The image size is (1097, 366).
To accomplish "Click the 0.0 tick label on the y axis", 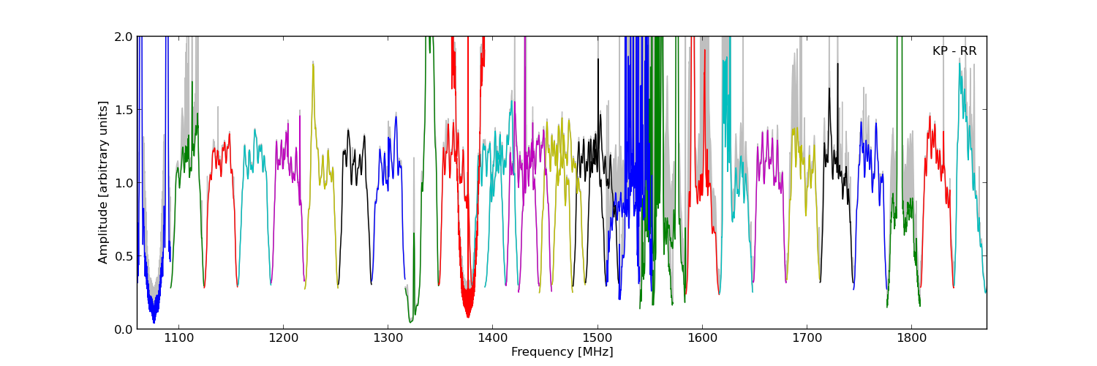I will click(x=124, y=329).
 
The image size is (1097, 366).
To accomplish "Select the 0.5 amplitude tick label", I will click(x=124, y=256).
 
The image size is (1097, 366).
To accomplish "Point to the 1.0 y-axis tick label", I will click(x=124, y=183).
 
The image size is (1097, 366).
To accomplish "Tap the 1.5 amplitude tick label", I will click(x=124, y=110).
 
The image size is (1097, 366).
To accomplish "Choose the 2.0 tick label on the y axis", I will click(x=124, y=37).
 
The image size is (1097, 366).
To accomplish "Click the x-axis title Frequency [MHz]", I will click(x=562, y=352).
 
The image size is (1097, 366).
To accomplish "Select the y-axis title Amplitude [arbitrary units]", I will click(x=103, y=182).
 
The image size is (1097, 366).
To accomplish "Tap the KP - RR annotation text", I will click(x=954, y=51).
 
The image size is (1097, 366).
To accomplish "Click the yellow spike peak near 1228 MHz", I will click(x=313, y=63).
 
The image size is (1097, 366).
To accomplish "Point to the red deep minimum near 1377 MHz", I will click(x=468, y=316).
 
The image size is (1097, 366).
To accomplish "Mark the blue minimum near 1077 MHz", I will click(x=154, y=322).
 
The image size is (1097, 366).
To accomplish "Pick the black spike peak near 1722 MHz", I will click(x=829, y=89).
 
